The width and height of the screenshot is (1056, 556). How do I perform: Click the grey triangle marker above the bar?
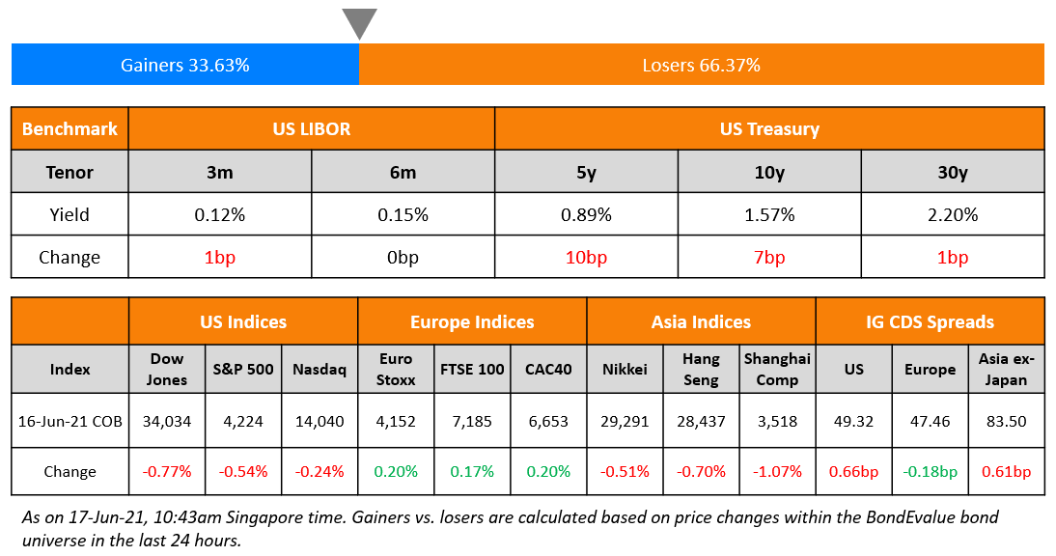359,22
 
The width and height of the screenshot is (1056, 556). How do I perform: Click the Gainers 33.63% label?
185,66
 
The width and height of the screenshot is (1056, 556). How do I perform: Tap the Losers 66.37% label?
701,66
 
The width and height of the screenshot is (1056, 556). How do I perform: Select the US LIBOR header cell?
311,128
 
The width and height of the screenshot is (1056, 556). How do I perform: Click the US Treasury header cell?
769,128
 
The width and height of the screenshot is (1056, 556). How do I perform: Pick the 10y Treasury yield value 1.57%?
769,214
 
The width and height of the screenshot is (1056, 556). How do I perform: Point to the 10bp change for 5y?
586,258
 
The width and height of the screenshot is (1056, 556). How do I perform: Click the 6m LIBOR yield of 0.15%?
403,214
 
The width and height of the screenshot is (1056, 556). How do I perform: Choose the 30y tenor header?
952,173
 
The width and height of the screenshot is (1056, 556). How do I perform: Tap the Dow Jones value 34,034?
167,421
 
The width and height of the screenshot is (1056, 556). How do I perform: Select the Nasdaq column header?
320,369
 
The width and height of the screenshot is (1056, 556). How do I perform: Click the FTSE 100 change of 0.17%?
472,472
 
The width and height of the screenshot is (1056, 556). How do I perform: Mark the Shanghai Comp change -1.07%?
777,472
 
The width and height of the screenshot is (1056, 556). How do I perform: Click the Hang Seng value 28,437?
701,421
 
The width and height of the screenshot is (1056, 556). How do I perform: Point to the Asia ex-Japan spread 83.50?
1006,421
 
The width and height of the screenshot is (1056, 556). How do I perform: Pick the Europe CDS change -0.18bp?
930,472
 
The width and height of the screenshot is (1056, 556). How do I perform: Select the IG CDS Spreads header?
930,321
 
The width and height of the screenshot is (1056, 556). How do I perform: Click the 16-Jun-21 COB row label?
69,421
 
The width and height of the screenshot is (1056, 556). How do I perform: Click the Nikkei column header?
625,369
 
